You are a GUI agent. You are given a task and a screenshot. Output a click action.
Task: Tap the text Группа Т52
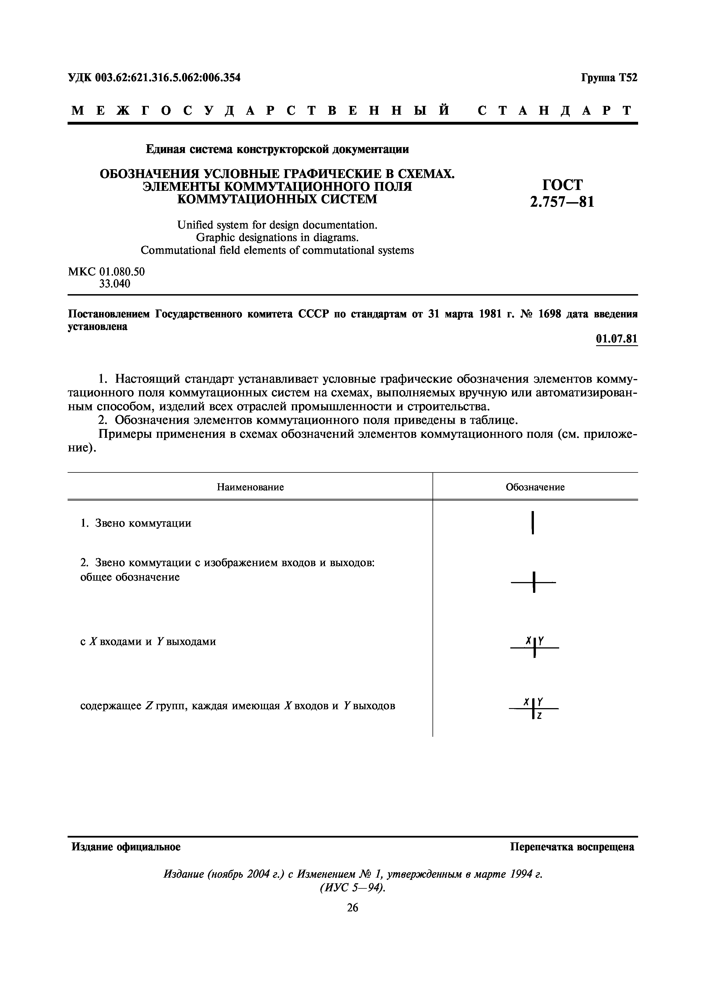pyautogui.click(x=609, y=78)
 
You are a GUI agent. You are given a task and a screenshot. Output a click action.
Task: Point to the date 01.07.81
pyautogui.click(x=616, y=339)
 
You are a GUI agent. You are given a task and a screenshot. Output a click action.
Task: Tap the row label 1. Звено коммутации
pyautogui.click(x=136, y=523)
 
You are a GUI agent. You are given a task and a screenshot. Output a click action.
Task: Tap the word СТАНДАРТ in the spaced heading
pyautogui.click(x=556, y=111)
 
